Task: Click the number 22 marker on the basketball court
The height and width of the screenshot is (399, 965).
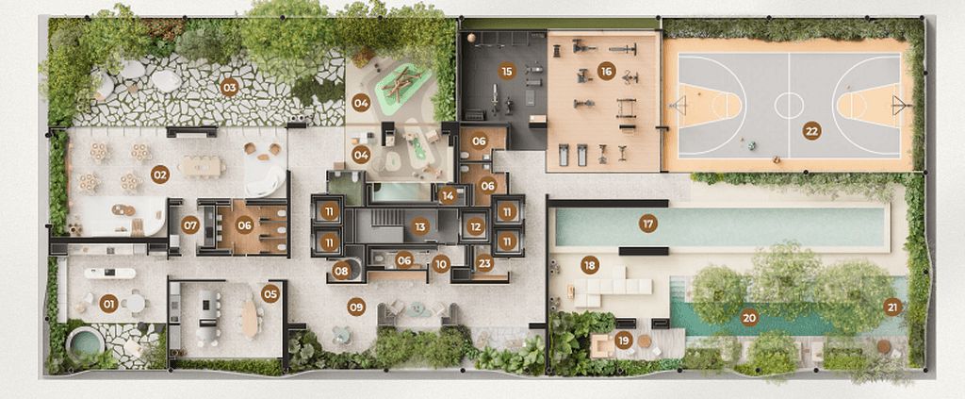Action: [x=810, y=131]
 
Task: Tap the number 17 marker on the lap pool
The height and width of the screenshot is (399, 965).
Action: [x=647, y=224]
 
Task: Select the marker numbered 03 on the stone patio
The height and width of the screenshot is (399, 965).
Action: [x=228, y=88]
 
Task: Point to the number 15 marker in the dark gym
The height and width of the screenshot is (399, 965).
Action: [x=507, y=71]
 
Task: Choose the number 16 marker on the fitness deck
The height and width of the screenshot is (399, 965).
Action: [x=607, y=71]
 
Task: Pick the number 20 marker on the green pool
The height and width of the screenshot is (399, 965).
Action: [x=749, y=318]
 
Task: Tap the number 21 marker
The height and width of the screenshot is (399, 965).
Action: [x=892, y=306]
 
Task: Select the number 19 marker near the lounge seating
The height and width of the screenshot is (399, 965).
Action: [x=622, y=340]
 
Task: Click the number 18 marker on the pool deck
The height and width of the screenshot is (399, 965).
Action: [x=589, y=266]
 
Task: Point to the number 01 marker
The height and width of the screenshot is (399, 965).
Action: [x=108, y=304]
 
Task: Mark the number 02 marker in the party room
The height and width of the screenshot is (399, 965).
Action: [x=159, y=175]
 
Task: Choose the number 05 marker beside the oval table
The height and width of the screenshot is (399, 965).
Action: [x=270, y=292]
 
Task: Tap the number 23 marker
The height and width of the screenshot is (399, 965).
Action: [x=484, y=264]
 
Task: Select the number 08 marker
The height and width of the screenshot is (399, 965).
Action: [x=341, y=271]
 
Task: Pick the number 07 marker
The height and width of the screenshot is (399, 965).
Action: [x=190, y=225]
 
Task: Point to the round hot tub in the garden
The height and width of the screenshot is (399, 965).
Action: [x=86, y=341]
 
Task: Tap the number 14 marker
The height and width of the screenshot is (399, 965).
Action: [x=448, y=196]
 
